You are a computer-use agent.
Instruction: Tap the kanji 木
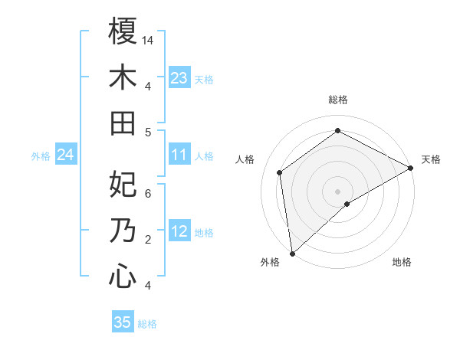coord(123,77)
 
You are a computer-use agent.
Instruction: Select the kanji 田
coord(123,123)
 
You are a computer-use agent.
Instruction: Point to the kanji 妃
coord(123,185)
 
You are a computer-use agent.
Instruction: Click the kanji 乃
coord(123,231)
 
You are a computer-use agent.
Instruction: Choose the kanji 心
coord(123,277)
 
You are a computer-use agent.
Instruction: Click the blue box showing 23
coord(179,77)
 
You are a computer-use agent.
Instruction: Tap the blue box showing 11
coord(179,155)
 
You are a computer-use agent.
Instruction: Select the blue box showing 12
coord(179,231)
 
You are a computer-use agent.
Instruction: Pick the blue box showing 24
coord(66,155)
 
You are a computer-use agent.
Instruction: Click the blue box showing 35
coord(123,322)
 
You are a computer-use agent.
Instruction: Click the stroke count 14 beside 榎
coord(148,39)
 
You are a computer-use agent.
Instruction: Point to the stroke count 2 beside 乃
coord(148,239)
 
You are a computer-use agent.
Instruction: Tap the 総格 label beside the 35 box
coord(147,324)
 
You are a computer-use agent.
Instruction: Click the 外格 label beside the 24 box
coord(41,156)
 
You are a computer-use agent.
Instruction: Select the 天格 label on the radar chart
coord(431,159)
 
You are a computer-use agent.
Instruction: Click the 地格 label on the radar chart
coord(402,262)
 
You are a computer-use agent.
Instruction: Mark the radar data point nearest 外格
coord(292,253)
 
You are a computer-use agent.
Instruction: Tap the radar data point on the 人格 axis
coord(280,172)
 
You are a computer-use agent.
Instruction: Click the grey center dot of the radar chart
coord(337,191)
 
